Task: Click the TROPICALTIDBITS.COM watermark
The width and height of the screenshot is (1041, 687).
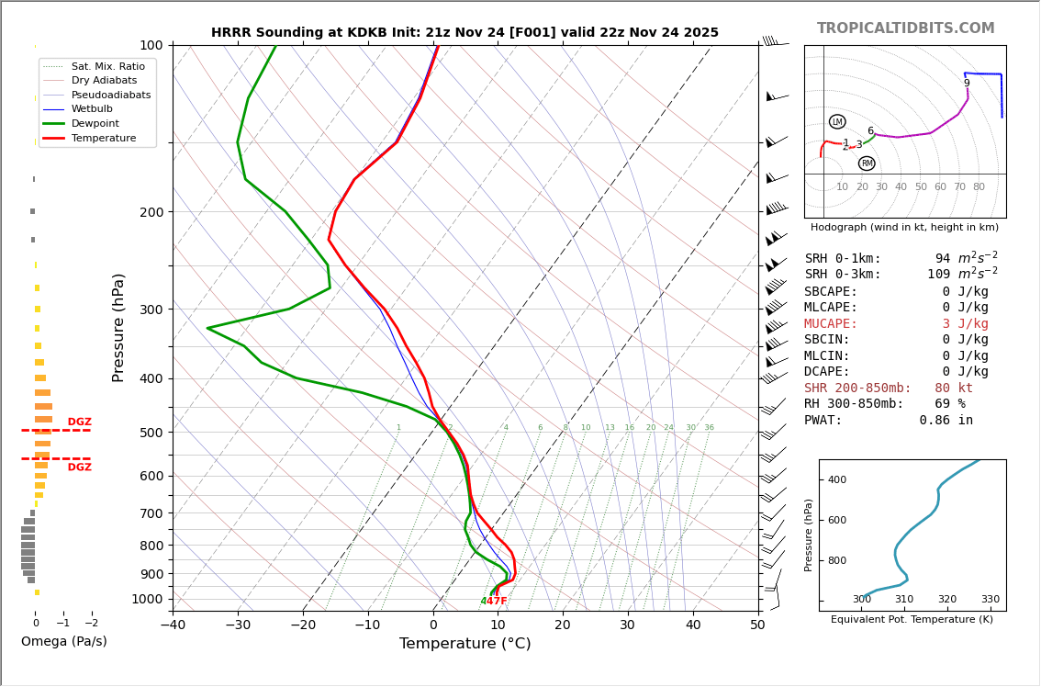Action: pos(905,28)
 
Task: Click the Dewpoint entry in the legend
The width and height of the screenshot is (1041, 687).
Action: pos(95,123)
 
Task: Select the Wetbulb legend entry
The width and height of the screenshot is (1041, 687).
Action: pos(92,109)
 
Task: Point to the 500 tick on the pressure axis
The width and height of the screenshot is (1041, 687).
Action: pos(151,433)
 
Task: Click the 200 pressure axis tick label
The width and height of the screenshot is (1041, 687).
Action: pos(151,212)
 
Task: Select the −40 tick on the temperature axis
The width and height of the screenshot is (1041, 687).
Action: pos(173,625)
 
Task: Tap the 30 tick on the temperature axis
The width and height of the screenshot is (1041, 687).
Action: pos(627,625)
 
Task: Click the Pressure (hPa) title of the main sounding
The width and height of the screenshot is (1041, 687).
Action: pos(118,327)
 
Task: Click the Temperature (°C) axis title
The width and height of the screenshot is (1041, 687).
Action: pos(465,644)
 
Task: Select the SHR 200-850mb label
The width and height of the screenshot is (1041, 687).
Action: pos(857,389)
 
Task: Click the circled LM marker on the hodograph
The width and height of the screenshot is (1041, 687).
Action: pos(837,122)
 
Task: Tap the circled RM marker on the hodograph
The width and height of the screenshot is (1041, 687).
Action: pos(867,163)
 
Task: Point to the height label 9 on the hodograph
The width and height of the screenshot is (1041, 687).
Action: pos(967,84)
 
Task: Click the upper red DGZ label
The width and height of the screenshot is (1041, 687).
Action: pos(80,422)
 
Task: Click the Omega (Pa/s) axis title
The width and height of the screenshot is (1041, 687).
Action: pos(64,641)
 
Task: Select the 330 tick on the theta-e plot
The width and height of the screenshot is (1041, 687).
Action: pos(990,600)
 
